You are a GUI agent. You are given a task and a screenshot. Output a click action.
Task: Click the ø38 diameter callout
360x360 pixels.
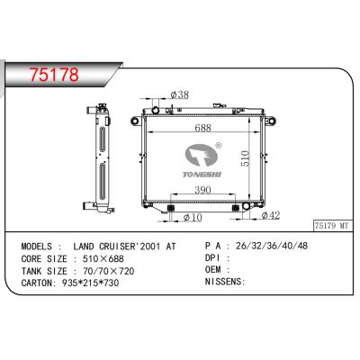[179, 94]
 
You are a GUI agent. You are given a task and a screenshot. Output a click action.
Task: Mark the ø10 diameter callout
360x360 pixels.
[190, 218]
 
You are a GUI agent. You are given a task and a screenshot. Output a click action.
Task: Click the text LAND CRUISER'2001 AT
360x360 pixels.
[126, 247]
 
